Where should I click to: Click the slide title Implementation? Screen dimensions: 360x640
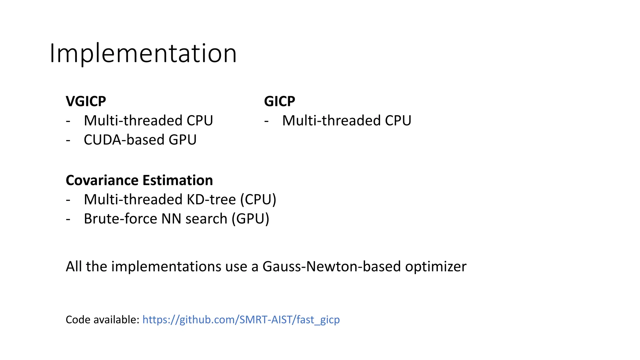143,54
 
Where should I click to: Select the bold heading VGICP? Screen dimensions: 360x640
86,101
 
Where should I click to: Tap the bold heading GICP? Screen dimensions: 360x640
279,101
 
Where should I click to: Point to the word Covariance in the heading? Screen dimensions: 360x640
102,180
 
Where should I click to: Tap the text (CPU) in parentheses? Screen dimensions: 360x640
258,200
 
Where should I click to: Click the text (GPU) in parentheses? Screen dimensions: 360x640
250,219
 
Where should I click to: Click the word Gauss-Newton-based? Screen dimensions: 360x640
331,267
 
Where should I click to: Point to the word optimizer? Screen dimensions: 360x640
436,267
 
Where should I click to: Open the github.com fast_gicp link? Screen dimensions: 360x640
241,320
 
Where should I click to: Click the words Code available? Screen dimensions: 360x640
102,320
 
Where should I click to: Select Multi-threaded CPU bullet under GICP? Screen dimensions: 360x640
347,121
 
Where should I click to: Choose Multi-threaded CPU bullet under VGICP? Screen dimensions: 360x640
148,121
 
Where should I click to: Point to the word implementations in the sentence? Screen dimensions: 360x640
166,267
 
